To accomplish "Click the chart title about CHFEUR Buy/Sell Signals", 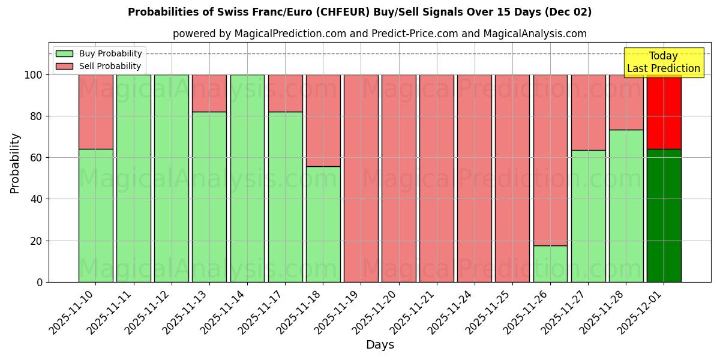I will (359, 12).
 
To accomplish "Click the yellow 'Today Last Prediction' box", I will (663, 62).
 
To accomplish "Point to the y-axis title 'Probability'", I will (15, 163).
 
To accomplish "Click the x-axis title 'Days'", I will (380, 345).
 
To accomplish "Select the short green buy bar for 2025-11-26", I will (550, 263).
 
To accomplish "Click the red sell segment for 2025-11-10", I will (96, 112).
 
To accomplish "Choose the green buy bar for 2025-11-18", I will (323, 224).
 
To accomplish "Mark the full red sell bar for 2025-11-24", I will (474, 178).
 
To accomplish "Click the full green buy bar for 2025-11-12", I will (172, 178).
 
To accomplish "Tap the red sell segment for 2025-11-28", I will (626, 102).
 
